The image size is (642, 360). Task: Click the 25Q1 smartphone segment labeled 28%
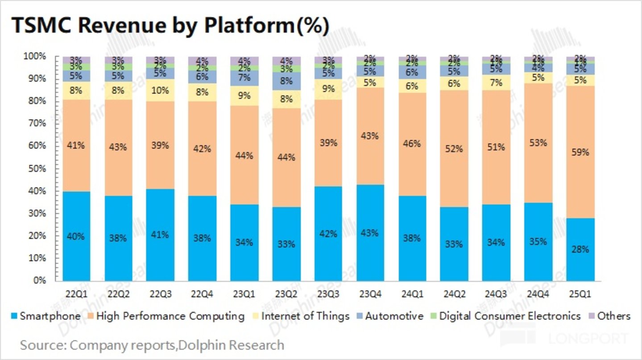(x=580, y=249)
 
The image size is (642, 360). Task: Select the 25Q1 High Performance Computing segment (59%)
(x=580, y=152)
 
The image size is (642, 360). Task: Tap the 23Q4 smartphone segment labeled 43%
(x=370, y=233)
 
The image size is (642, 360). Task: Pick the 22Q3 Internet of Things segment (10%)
(x=160, y=91)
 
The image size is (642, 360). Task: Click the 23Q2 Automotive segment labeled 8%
(x=286, y=81)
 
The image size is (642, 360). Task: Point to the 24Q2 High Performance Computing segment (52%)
(x=454, y=149)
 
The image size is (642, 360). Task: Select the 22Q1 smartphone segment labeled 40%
(x=76, y=236)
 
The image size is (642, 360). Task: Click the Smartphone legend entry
(x=45, y=316)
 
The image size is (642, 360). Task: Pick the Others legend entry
(x=609, y=316)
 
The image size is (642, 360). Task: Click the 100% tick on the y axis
(x=35, y=57)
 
